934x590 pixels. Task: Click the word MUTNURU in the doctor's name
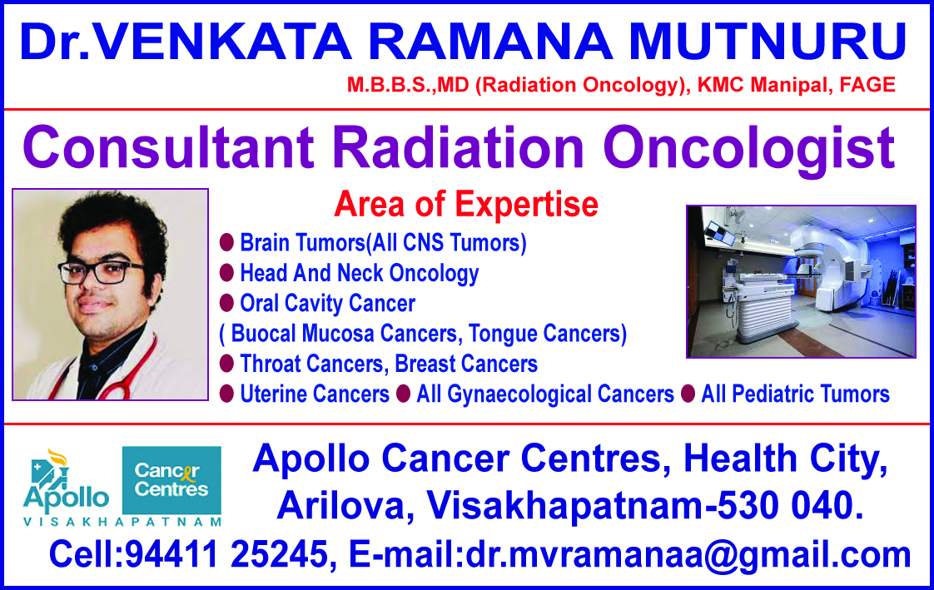[768, 42]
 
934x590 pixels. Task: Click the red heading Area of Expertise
[466, 205]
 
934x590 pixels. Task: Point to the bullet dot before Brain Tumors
[226, 242]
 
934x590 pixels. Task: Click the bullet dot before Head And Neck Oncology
[226, 273]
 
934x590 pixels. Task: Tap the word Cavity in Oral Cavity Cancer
[311, 303]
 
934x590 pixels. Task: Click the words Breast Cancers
[466, 364]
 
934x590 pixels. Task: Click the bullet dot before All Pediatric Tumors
[688, 394]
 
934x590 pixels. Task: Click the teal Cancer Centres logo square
[171, 480]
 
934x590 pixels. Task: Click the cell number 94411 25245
[227, 554]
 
